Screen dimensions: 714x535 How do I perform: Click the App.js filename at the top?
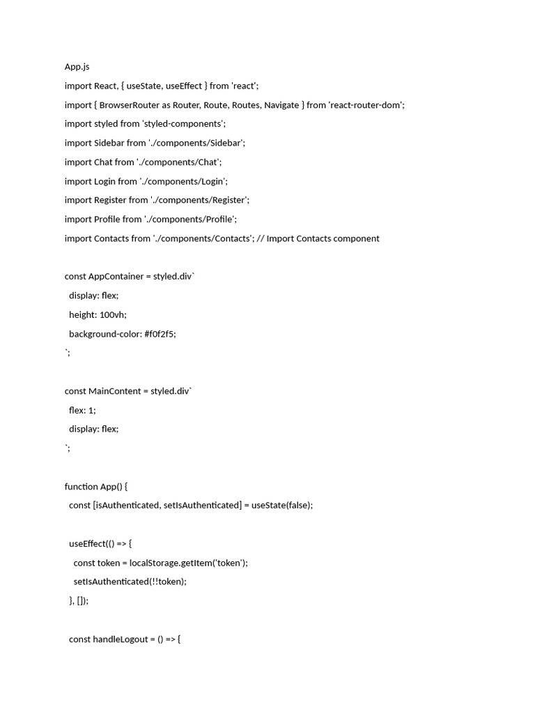[x=77, y=67]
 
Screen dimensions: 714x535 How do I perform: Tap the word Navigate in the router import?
[x=281, y=105]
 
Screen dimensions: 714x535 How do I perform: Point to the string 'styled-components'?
[x=184, y=123]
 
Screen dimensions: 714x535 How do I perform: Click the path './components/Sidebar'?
[x=197, y=143]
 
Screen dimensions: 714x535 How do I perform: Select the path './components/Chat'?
[x=179, y=162]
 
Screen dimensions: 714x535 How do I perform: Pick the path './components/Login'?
[x=184, y=181]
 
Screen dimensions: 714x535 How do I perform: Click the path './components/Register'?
[x=200, y=200]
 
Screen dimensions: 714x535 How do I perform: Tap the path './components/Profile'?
[x=191, y=219]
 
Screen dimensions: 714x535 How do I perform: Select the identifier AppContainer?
[x=116, y=276]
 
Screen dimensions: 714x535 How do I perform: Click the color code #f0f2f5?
[x=160, y=334]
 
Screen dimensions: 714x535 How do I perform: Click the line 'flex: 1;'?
[x=82, y=410]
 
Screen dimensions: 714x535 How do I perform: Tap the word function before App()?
[x=81, y=487]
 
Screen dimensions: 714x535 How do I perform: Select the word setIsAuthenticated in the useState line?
[x=201, y=506]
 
